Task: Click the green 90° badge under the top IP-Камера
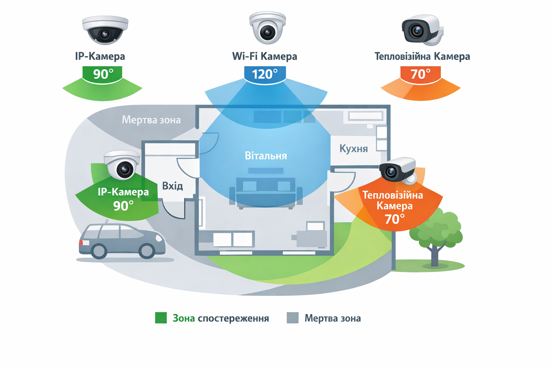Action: click(103, 74)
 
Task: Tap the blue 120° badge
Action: click(265, 74)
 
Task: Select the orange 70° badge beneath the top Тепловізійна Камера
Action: click(420, 74)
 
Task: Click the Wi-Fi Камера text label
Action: click(264, 56)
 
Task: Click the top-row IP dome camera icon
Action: click(105, 30)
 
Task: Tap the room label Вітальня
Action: click(266, 156)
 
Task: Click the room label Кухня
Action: click(354, 149)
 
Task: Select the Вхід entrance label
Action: click(173, 186)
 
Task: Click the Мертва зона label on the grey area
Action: click(151, 120)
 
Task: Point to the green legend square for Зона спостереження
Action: click(161, 318)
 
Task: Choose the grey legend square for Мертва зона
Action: click(293, 318)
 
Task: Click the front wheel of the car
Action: click(147, 250)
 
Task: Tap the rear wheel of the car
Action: click(99, 251)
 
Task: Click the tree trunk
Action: click(435, 256)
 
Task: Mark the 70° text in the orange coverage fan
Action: click(395, 219)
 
